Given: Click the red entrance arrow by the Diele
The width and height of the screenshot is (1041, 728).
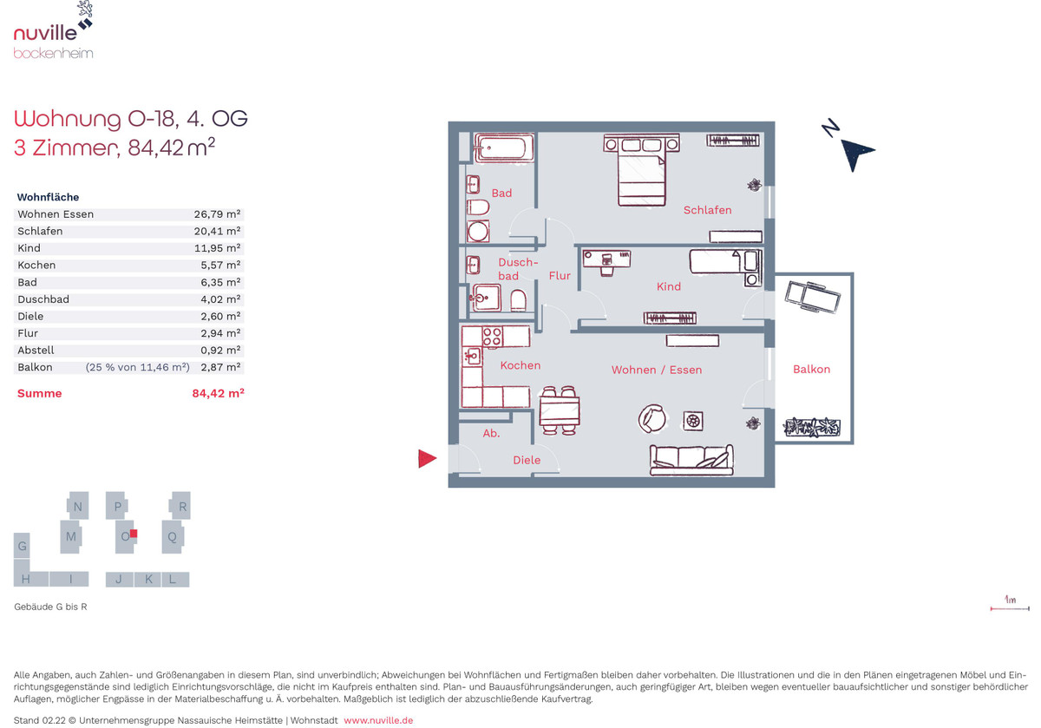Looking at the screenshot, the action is pyautogui.click(x=427, y=459).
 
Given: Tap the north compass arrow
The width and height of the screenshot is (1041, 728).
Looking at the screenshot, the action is pyautogui.click(x=856, y=154).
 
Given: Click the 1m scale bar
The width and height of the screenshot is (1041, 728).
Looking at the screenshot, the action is pyautogui.click(x=1010, y=608).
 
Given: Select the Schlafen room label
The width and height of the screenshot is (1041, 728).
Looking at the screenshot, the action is pyautogui.click(x=707, y=210).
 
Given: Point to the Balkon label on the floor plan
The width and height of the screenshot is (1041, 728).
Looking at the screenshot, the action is pyautogui.click(x=811, y=369).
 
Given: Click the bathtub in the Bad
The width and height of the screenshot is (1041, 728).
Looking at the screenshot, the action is pyautogui.click(x=504, y=148).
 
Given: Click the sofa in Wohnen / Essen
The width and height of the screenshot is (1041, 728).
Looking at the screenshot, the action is pyautogui.click(x=691, y=460).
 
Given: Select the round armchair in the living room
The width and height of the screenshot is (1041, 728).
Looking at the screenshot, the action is pyautogui.click(x=652, y=418).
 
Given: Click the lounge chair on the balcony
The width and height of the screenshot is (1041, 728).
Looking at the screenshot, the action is pyautogui.click(x=812, y=296).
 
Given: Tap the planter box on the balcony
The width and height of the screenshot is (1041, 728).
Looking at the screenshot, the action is pyautogui.click(x=811, y=427).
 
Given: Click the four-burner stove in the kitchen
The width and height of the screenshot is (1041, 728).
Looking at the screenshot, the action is pyautogui.click(x=492, y=336).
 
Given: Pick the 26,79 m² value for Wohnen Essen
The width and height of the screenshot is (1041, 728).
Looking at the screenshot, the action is pyautogui.click(x=217, y=214).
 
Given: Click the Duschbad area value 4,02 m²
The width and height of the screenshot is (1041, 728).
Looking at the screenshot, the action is pyautogui.click(x=220, y=299).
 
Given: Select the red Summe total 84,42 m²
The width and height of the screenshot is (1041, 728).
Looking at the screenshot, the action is pyautogui.click(x=218, y=393).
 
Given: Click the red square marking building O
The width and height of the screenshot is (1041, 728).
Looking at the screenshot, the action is pyautogui.click(x=134, y=534).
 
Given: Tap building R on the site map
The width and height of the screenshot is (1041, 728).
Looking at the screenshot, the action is pyautogui.click(x=180, y=506).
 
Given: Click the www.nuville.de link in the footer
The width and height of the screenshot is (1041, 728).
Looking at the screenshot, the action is pyautogui.click(x=378, y=720).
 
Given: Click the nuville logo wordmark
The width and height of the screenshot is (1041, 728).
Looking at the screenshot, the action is pyautogui.click(x=45, y=33).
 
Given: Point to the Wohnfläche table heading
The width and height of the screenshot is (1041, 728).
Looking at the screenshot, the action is pyautogui.click(x=48, y=197).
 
